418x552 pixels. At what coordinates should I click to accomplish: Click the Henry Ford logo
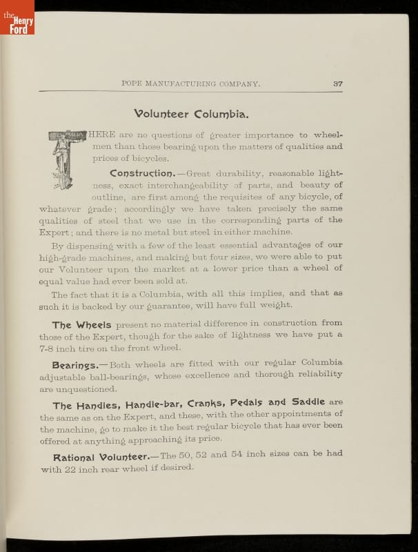(17, 17)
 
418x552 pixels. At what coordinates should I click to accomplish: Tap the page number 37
(337, 83)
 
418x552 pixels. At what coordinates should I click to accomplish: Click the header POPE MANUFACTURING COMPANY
(190, 83)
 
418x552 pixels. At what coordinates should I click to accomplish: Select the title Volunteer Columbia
(192, 113)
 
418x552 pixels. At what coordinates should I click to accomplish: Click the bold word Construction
(141, 173)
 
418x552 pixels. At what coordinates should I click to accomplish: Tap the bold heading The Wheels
(82, 324)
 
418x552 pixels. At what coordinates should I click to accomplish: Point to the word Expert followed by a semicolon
(56, 233)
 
